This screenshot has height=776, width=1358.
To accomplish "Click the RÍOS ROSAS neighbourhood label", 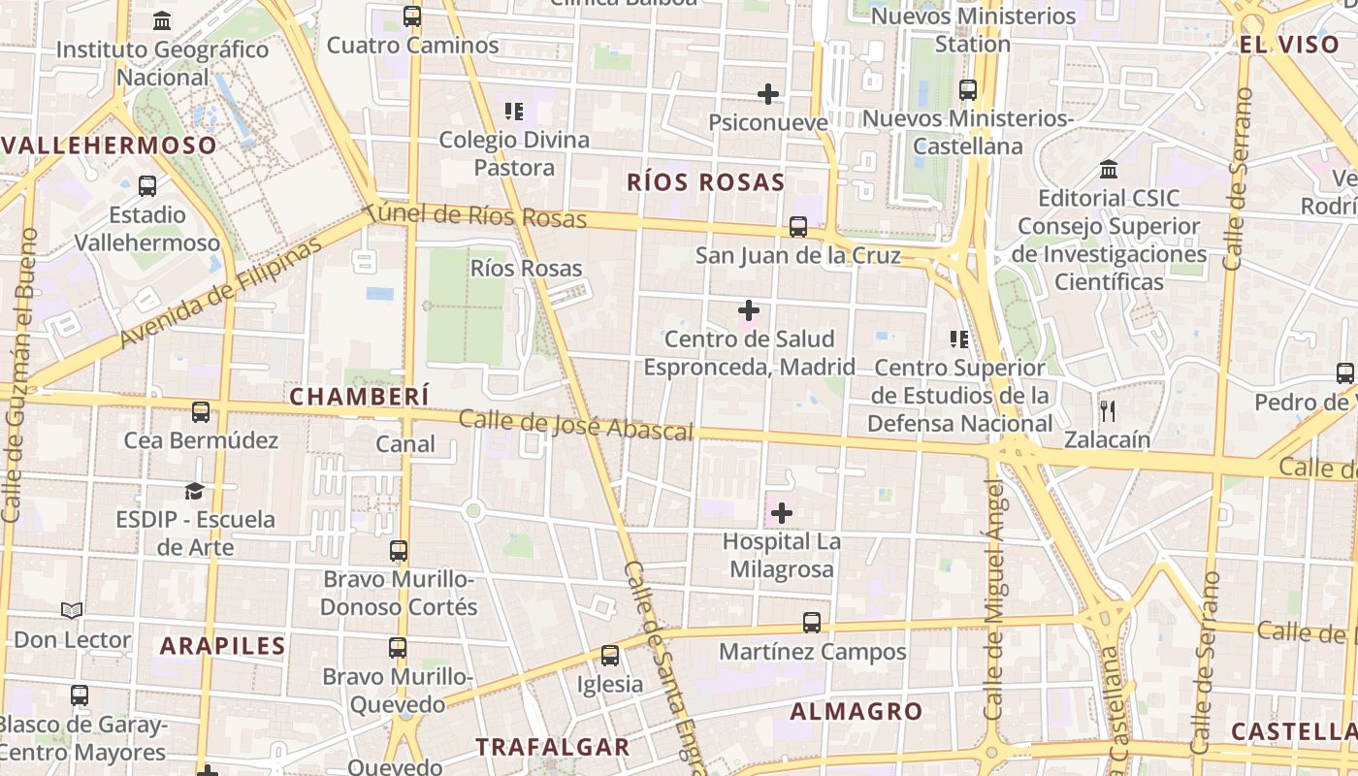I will tap(705, 182).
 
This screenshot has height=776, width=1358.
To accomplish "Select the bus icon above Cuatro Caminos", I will tap(412, 16).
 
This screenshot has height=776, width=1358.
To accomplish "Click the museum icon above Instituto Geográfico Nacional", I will tap(162, 20).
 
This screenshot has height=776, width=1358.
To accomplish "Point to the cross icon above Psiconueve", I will tap(768, 94).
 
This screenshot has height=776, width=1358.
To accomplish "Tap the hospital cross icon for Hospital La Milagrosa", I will tap(781, 513).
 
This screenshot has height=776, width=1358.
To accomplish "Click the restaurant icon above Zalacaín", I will tap(1108, 410).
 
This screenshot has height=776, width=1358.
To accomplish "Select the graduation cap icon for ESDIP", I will tap(195, 491).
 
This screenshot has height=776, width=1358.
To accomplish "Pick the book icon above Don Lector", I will tap(72, 611).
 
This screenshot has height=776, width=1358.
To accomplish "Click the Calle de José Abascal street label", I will tap(575, 425).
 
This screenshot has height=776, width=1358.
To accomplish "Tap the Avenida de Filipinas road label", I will tap(220, 292).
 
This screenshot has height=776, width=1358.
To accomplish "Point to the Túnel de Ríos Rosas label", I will tap(477, 215).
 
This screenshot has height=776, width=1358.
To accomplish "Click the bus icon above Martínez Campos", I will tap(812, 623).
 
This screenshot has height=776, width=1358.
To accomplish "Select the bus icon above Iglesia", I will tap(609, 656).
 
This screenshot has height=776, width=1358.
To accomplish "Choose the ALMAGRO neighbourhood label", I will tap(856, 712).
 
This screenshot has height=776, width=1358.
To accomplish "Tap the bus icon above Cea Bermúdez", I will tap(200, 412).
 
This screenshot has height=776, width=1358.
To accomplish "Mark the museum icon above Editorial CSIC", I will tap(1109, 170).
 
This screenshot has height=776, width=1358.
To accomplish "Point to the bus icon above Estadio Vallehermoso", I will tap(147, 186).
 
